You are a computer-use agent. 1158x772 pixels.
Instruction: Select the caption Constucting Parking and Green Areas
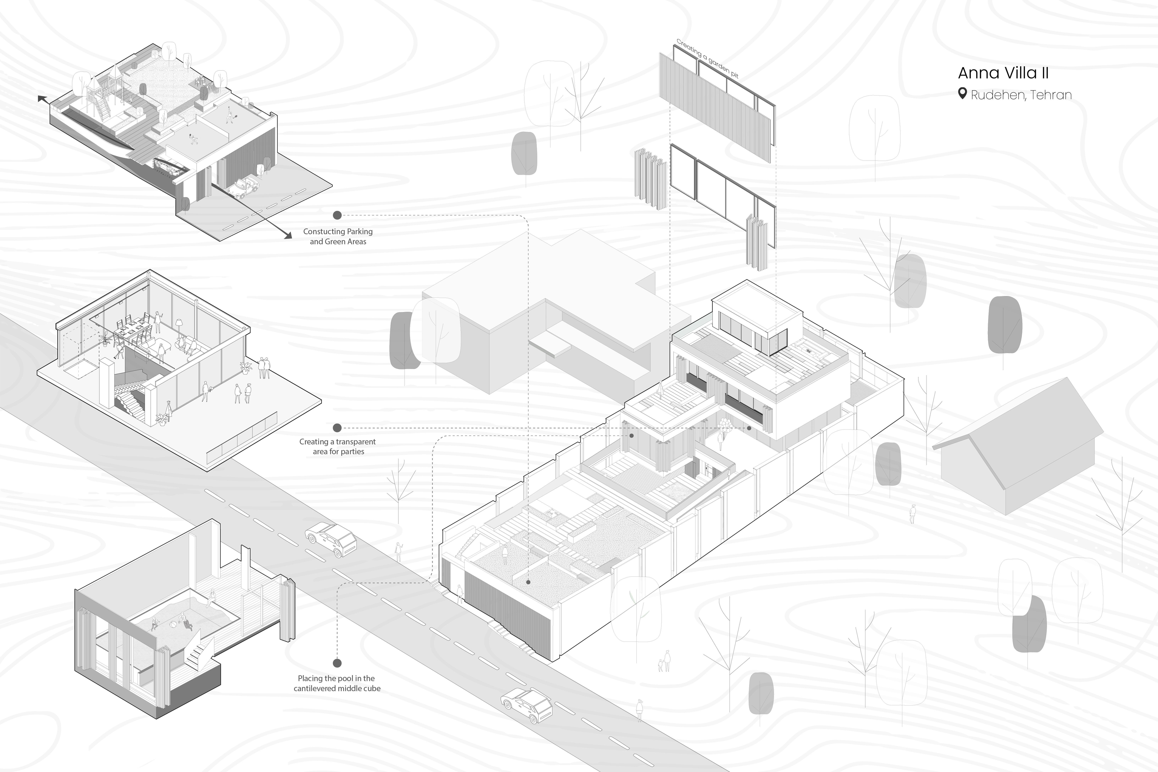pyautogui.click(x=338, y=236)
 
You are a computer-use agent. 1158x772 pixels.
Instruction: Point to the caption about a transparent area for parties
pyautogui.click(x=338, y=447)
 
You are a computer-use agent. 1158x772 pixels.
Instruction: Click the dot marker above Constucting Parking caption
pyautogui.click(x=337, y=215)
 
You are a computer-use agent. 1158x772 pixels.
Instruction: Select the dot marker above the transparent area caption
pyautogui.click(x=337, y=428)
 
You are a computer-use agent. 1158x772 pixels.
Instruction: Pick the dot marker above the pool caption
pyautogui.click(x=337, y=663)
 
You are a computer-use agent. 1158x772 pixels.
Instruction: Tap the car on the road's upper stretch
pyautogui.click(x=331, y=539)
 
